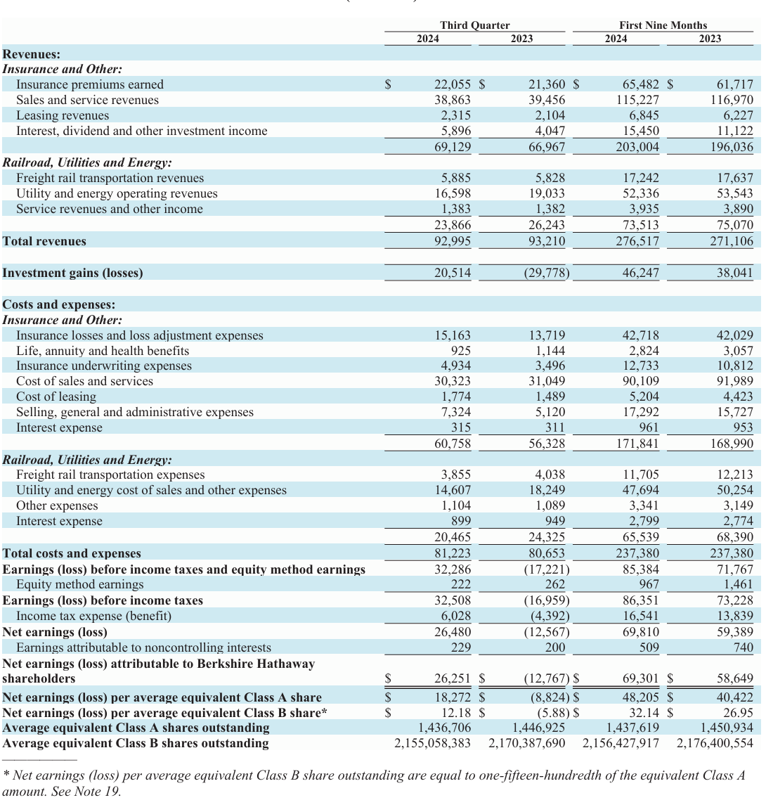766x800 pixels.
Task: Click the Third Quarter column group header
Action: point(475,25)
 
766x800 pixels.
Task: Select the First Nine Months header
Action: point(663,25)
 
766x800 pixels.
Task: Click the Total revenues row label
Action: point(44,241)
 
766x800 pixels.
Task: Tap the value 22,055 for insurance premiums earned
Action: point(453,84)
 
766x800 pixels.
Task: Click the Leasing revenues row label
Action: point(63,115)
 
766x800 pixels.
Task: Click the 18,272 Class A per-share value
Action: point(453,697)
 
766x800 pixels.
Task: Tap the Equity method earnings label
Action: point(79,584)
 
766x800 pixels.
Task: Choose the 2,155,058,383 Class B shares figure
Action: point(432,743)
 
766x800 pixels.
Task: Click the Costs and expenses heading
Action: point(59,304)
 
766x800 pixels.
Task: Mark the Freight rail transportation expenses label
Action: point(110,475)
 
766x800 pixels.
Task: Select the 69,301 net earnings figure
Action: point(641,678)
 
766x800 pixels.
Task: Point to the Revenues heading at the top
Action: point(32,54)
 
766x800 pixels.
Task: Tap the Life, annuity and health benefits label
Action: point(103,351)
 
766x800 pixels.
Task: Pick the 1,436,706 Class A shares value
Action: point(444,728)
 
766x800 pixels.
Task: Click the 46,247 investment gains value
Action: point(641,273)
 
